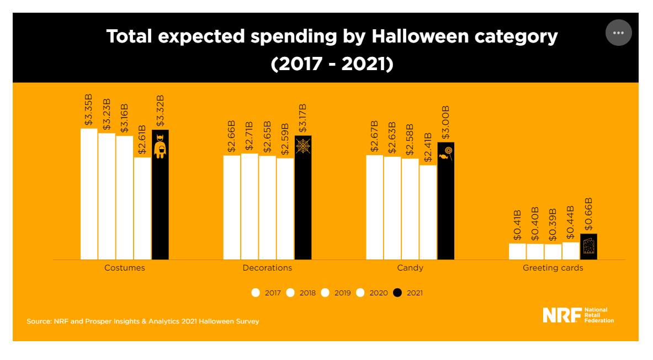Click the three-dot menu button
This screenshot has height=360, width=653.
[x=618, y=33]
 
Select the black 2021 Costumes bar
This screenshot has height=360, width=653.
[x=160, y=210]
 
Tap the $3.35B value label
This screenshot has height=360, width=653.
[x=89, y=110]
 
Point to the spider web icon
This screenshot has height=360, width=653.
[x=303, y=146]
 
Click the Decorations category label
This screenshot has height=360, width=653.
[x=267, y=268]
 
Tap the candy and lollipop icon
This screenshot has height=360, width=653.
[x=445, y=154]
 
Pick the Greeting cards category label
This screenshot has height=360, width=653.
[x=553, y=268]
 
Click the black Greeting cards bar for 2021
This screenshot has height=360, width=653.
[x=588, y=246]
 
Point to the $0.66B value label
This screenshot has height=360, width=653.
[x=588, y=214]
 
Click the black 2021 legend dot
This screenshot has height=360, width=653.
[x=397, y=293]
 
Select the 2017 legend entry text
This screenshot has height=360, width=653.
[x=273, y=293]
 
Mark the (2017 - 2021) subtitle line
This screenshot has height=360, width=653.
[x=332, y=63]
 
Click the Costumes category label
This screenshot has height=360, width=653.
[x=125, y=268]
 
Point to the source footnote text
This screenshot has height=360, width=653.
[x=142, y=321]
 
